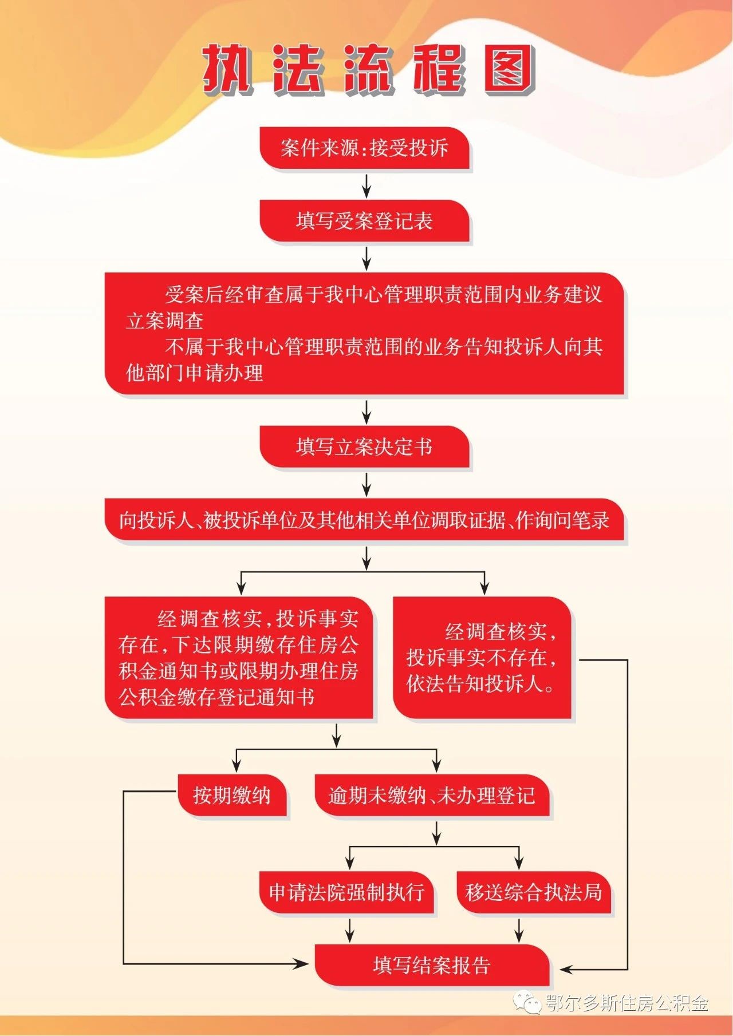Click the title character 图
(510, 69)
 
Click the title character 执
(227, 69)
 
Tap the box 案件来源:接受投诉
(365, 148)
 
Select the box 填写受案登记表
(365, 221)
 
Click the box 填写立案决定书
(365, 446)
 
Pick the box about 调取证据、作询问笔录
(364, 520)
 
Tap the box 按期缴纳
(232, 795)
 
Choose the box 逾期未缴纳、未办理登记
(432, 795)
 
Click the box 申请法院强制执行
(347, 892)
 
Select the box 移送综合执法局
(534, 892)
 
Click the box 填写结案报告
(432, 965)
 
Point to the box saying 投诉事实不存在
(482, 658)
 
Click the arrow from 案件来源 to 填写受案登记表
(366, 185)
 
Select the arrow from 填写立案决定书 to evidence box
(366, 484)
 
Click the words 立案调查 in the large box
(165, 321)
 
